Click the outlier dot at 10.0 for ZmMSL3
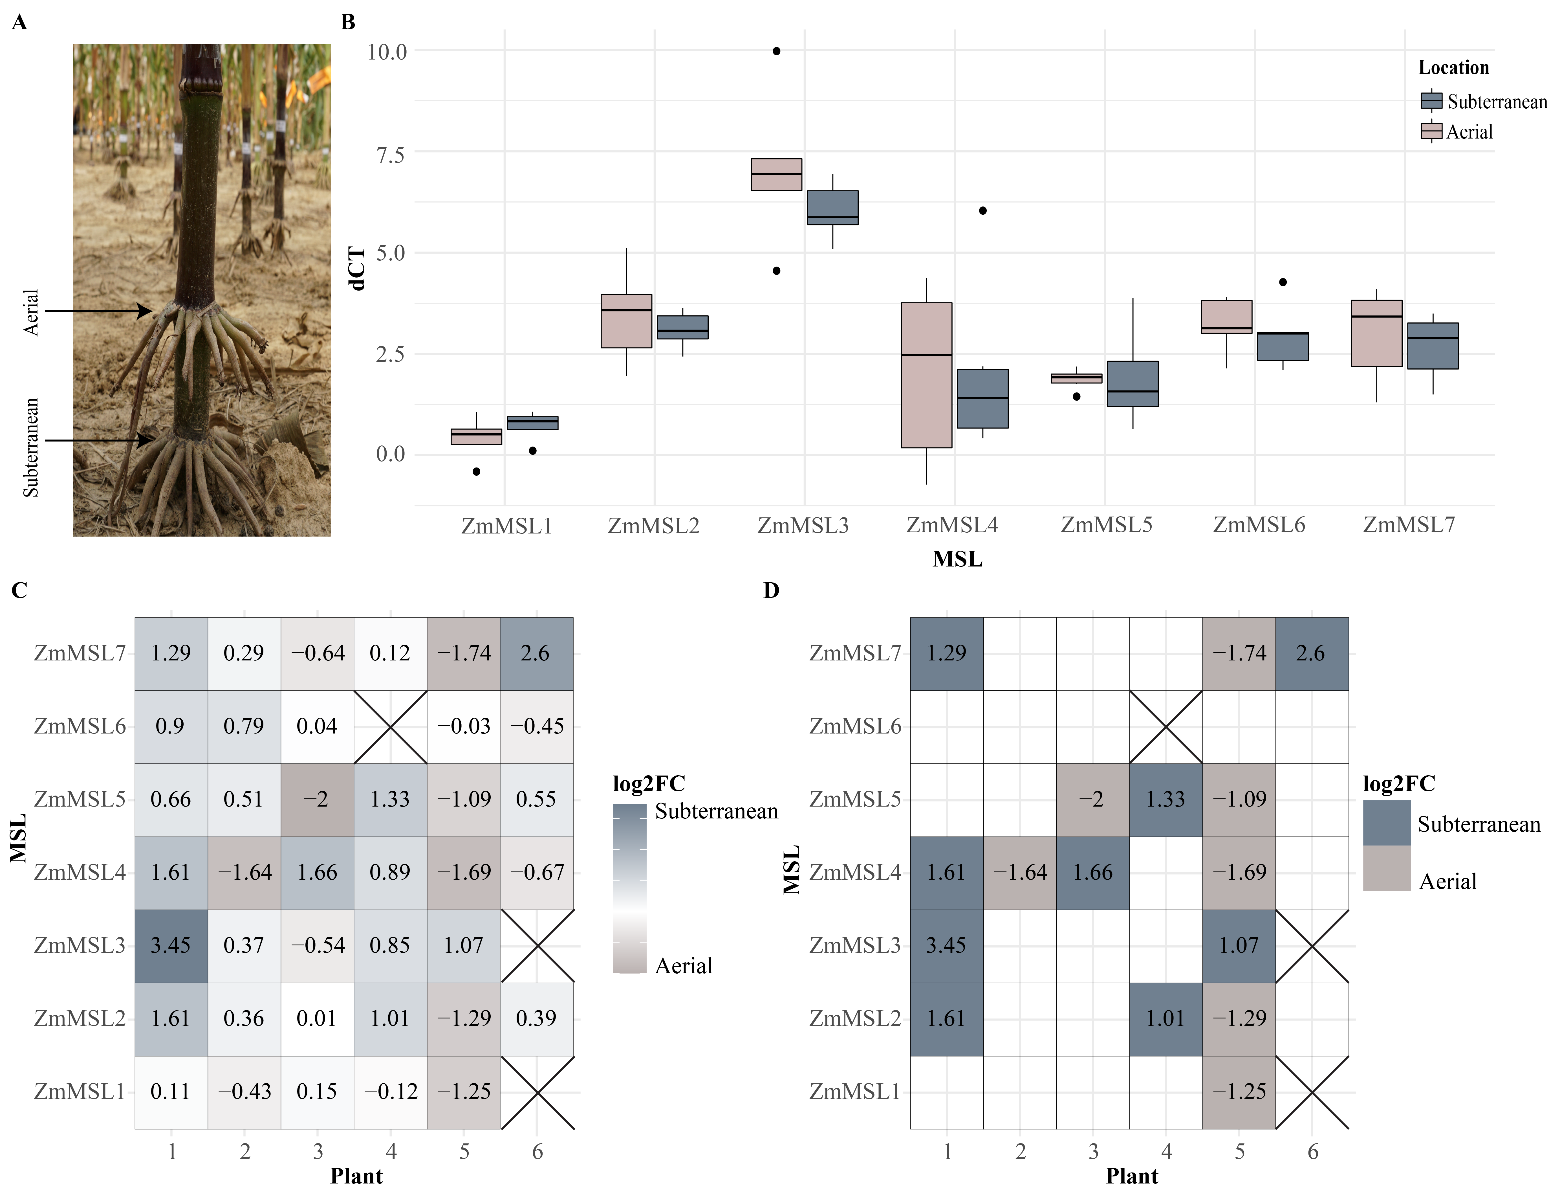776,51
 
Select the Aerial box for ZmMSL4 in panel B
926,375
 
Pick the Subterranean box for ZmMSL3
832,207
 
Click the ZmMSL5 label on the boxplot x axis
1106,525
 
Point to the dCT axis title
357,269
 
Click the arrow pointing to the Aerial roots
100,311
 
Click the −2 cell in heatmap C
317,799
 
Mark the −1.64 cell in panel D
1020,872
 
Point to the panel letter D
771,590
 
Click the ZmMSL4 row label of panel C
80,872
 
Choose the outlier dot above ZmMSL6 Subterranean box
1283,282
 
